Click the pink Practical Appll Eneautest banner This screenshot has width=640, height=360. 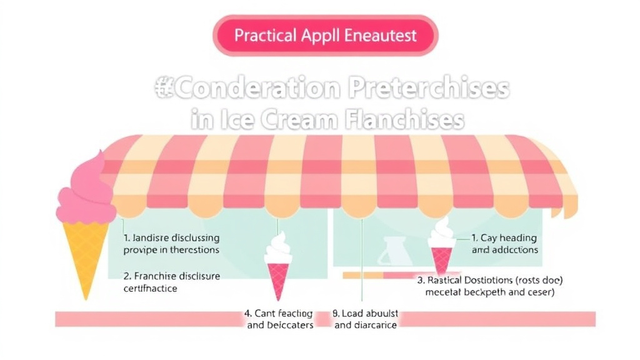pyautogui.click(x=325, y=35)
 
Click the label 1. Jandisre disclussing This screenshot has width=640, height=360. pyautogui.click(x=171, y=238)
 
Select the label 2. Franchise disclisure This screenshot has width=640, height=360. pyautogui.click(x=172, y=276)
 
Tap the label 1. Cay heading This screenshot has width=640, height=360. pyautogui.click(x=504, y=238)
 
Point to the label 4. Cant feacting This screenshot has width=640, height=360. pyautogui.click(x=279, y=313)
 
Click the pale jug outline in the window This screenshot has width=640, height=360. pyautogui.click(x=395, y=250)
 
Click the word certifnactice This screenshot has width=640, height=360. pyautogui.click(x=151, y=288)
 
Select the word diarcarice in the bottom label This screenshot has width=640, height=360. pyautogui.click(x=374, y=325)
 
